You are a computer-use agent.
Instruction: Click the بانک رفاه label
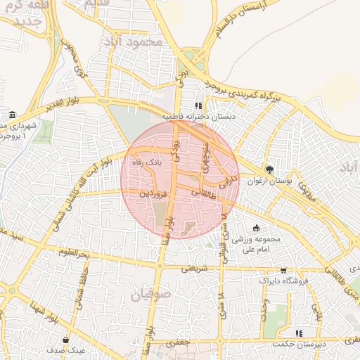[149, 162]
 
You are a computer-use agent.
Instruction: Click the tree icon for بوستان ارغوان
[269, 169]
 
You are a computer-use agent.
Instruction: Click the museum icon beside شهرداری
[12, 115]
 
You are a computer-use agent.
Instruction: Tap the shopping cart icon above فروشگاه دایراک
[283, 270]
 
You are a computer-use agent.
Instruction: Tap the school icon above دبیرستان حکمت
[299, 333]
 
